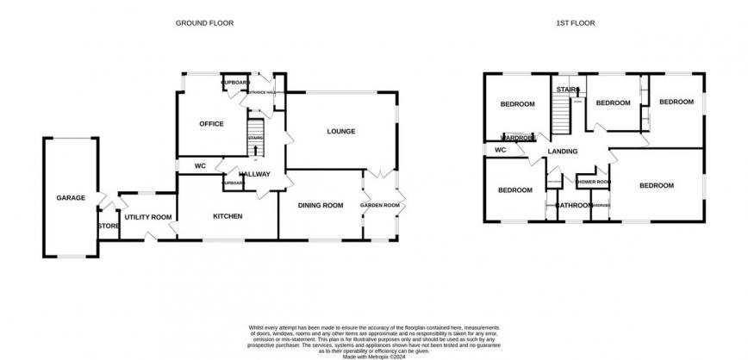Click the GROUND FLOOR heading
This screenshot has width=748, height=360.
pos(205,22)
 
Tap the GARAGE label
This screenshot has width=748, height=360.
pos(71,198)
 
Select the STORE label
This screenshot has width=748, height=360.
pos(108,226)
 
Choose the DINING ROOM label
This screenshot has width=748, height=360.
pos(321,205)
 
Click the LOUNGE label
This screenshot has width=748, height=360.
pos(341,131)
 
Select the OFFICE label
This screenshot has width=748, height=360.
pos(211,124)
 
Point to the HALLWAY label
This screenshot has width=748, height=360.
pos(254,174)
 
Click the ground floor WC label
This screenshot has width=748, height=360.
pos(199,165)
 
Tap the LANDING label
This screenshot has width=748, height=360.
pos(562,152)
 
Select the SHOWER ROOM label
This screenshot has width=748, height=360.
pos(593,182)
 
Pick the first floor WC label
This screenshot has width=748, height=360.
pos(499,150)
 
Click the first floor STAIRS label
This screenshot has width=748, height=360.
pos(565,89)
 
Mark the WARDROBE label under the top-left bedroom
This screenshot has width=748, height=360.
pos(520,138)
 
